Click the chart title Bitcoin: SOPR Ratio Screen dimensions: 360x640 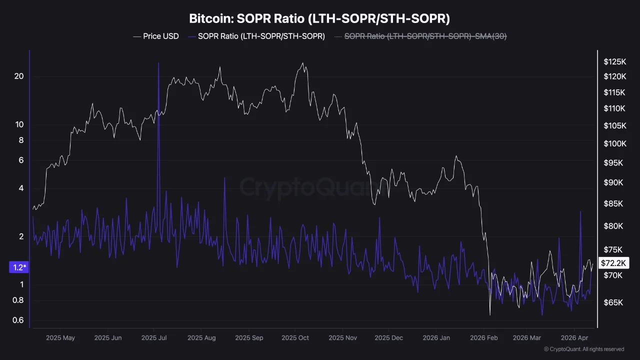click(319, 19)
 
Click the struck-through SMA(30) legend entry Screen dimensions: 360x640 click(425, 36)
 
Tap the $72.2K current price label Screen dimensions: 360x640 click(613, 263)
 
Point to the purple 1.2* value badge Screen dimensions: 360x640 click(19, 267)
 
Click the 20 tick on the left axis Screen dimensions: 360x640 click(19, 76)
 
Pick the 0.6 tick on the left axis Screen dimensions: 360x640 click(19, 320)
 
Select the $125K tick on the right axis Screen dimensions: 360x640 click(614, 62)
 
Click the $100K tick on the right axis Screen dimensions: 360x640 click(614, 144)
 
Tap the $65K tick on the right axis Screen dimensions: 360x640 click(613, 303)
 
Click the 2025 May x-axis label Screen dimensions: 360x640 click(60, 338)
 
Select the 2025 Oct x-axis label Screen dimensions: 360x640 click(295, 338)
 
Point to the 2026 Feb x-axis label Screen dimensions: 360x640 click(484, 338)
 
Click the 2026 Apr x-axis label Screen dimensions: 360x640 click(575, 338)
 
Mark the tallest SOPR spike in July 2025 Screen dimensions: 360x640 click(158, 63)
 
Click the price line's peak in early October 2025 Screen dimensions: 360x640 click(302, 63)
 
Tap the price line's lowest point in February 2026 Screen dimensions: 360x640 click(490, 315)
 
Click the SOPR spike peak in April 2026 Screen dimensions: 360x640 click(580, 212)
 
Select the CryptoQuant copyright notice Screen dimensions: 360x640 click(583, 349)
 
